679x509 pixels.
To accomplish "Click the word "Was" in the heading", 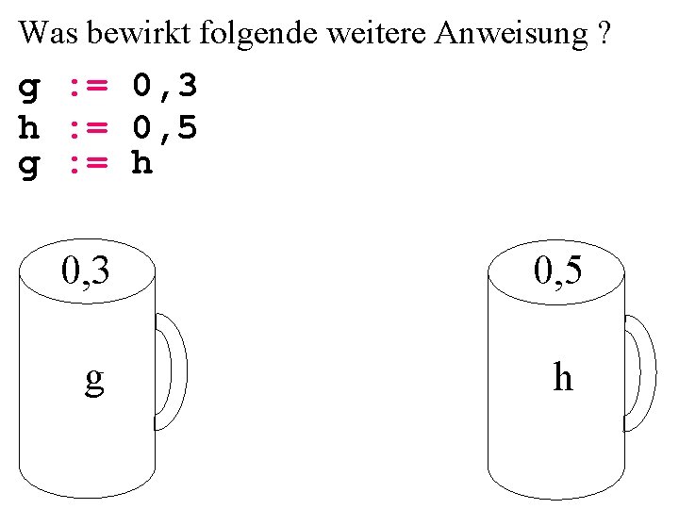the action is [x=48, y=34].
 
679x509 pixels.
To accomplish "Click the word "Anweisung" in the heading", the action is [x=510, y=35].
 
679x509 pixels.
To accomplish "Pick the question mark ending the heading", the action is [x=604, y=34].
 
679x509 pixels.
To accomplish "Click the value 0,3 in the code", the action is [x=165, y=89].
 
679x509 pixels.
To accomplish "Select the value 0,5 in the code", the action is [x=165, y=126].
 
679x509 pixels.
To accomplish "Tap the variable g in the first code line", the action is [x=29, y=90].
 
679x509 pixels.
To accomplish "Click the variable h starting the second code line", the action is [x=29, y=126].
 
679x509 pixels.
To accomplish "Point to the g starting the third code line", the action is [x=29, y=166].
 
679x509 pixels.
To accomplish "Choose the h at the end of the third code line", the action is [x=141, y=164].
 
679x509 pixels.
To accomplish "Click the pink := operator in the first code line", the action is [x=89, y=89].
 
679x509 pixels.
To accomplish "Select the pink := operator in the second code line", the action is [x=89, y=126].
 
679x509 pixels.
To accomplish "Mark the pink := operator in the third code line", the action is [x=89, y=164].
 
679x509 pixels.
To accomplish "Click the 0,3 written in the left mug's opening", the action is [x=86, y=271].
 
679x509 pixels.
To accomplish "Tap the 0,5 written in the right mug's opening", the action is [x=557, y=271].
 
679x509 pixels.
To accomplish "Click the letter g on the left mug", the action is [x=93, y=379].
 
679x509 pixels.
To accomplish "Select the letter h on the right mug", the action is [x=563, y=377].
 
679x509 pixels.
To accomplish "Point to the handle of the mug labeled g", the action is [x=174, y=370].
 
